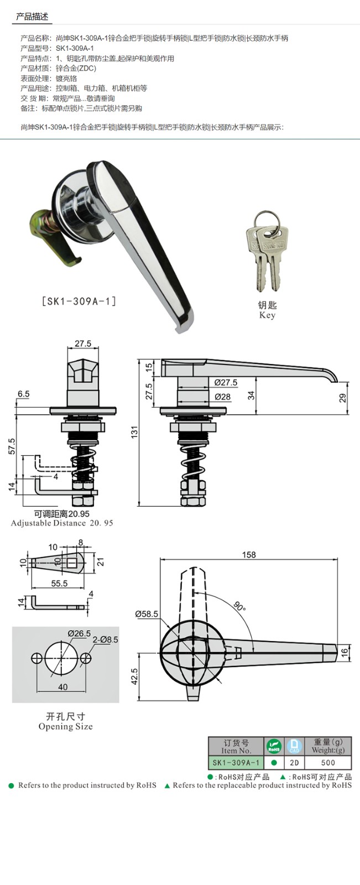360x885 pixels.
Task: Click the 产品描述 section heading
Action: click(32, 17)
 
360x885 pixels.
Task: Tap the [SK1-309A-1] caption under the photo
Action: click(79, 301)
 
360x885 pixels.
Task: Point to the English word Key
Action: click(267, 315)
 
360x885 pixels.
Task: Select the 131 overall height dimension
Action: click(135, 431)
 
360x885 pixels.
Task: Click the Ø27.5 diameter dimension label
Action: click(226, 382)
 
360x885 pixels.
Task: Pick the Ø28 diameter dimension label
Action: click(222, 397)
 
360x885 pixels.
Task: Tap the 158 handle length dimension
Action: click(249, 555)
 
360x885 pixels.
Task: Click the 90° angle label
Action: click(239, 606)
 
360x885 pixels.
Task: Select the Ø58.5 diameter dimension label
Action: click(146, 614)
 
